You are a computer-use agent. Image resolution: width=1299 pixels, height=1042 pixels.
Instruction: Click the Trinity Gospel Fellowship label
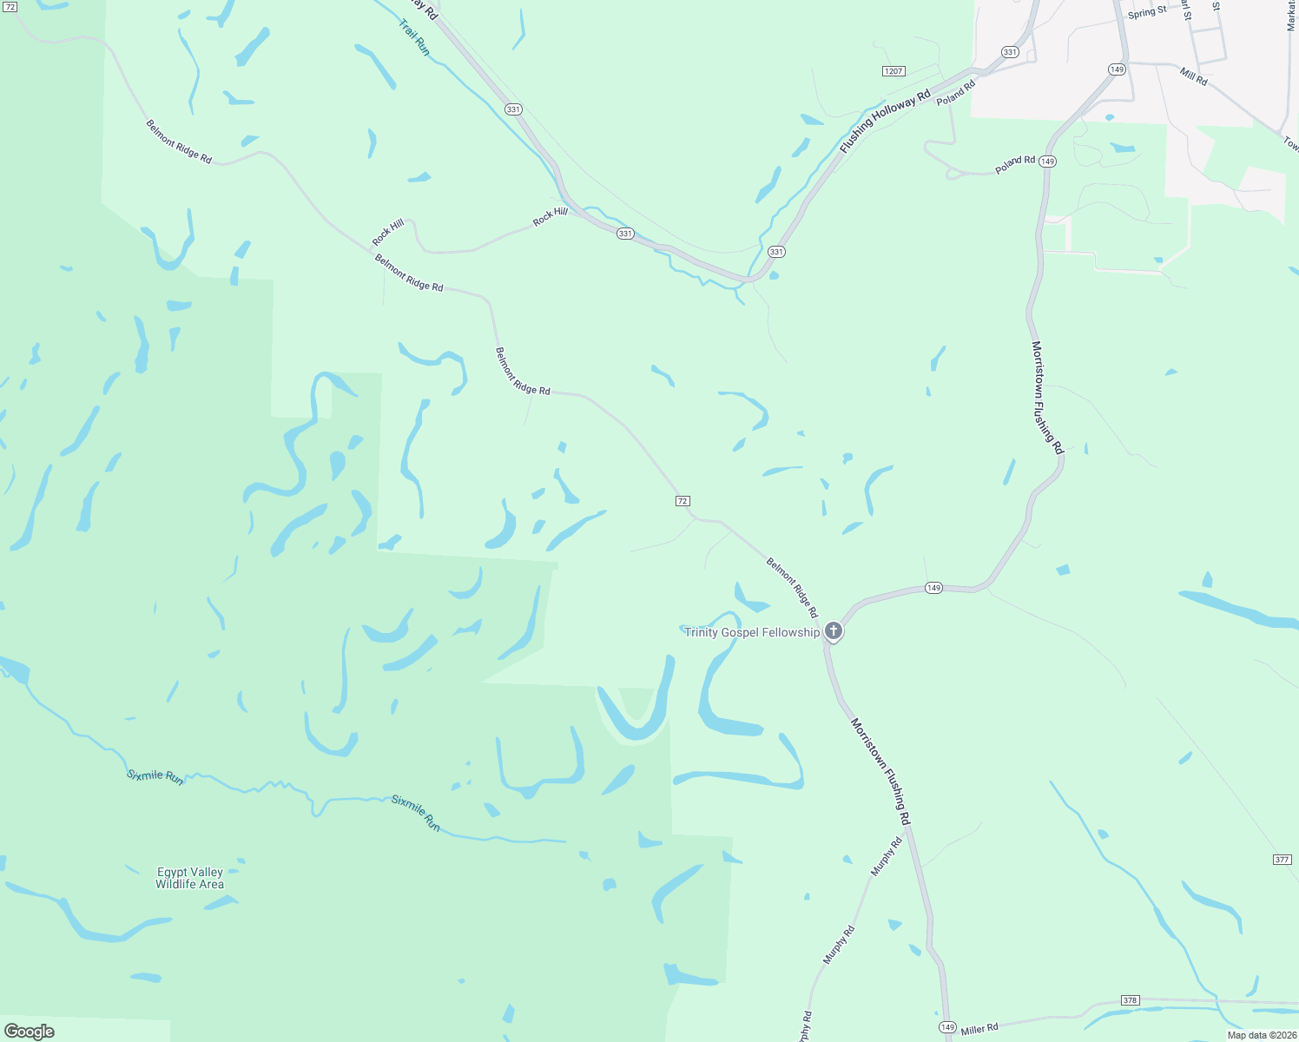coord(751,632)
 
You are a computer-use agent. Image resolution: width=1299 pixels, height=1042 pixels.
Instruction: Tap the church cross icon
coord(834,631)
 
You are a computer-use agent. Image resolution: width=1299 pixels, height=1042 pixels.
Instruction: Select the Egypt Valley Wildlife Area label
coord(189,878)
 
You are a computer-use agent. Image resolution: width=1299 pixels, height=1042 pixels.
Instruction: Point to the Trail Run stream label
coord(414,37)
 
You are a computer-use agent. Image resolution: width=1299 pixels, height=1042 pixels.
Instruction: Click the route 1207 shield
coord(893,71)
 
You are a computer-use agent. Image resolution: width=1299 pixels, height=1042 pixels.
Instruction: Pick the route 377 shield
coord(1282,860)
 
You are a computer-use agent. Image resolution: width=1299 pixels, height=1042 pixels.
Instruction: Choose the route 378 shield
coord(1130,1000)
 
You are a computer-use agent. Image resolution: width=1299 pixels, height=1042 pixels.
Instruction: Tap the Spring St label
coord(1147,12)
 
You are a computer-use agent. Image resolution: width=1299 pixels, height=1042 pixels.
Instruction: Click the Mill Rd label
coord(1194,76)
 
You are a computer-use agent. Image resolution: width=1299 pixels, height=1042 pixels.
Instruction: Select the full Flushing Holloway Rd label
coord(885,122)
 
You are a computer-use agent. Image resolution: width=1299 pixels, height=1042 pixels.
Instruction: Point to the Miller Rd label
coord(979,1029)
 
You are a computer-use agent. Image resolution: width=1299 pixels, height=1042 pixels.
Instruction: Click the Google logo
coord(30,1032)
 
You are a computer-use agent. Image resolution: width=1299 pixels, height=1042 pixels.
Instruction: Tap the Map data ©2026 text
coord(1262,1035)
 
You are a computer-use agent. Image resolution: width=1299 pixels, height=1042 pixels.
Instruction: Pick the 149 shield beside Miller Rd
coord(947,1028)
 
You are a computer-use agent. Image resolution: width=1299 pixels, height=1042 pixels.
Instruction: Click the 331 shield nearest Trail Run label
coord(513,109)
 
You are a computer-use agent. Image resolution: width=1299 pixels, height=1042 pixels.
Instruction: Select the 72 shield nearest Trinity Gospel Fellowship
coord(682,501)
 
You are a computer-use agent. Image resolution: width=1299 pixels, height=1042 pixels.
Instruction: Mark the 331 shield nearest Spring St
coord(1009,52)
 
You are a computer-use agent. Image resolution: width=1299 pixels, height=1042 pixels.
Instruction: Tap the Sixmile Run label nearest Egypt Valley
coord(155,776)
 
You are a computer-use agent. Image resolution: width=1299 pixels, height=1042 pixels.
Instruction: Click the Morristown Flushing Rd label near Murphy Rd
coord(880,771)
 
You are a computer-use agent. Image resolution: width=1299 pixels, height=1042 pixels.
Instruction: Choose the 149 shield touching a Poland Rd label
coord(1048,162)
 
